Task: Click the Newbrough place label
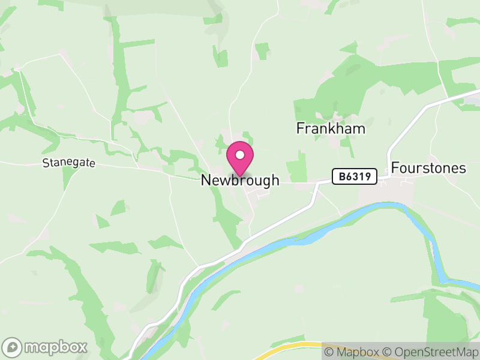240,180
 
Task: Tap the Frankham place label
331,128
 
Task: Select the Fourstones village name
428,168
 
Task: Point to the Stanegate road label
69,163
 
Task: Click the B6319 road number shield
355,176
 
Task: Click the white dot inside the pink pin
240,155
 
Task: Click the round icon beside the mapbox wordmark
13,347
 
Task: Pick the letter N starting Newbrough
206,180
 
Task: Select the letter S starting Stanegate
46,163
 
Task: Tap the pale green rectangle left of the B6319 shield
296,166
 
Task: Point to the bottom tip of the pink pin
240,176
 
